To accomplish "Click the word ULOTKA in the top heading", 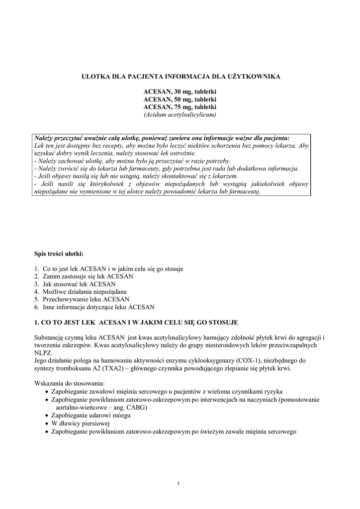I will [94, 77].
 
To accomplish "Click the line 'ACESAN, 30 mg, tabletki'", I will [180, 92].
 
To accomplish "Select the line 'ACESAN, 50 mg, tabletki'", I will [180, 99].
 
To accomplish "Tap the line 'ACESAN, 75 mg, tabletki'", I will [180, 107].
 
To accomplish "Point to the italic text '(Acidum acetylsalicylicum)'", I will [180, 114].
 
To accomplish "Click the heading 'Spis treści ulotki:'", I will [59, 254].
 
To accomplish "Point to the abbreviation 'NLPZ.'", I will [43, 352].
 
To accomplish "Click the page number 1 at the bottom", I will [179, 484].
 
